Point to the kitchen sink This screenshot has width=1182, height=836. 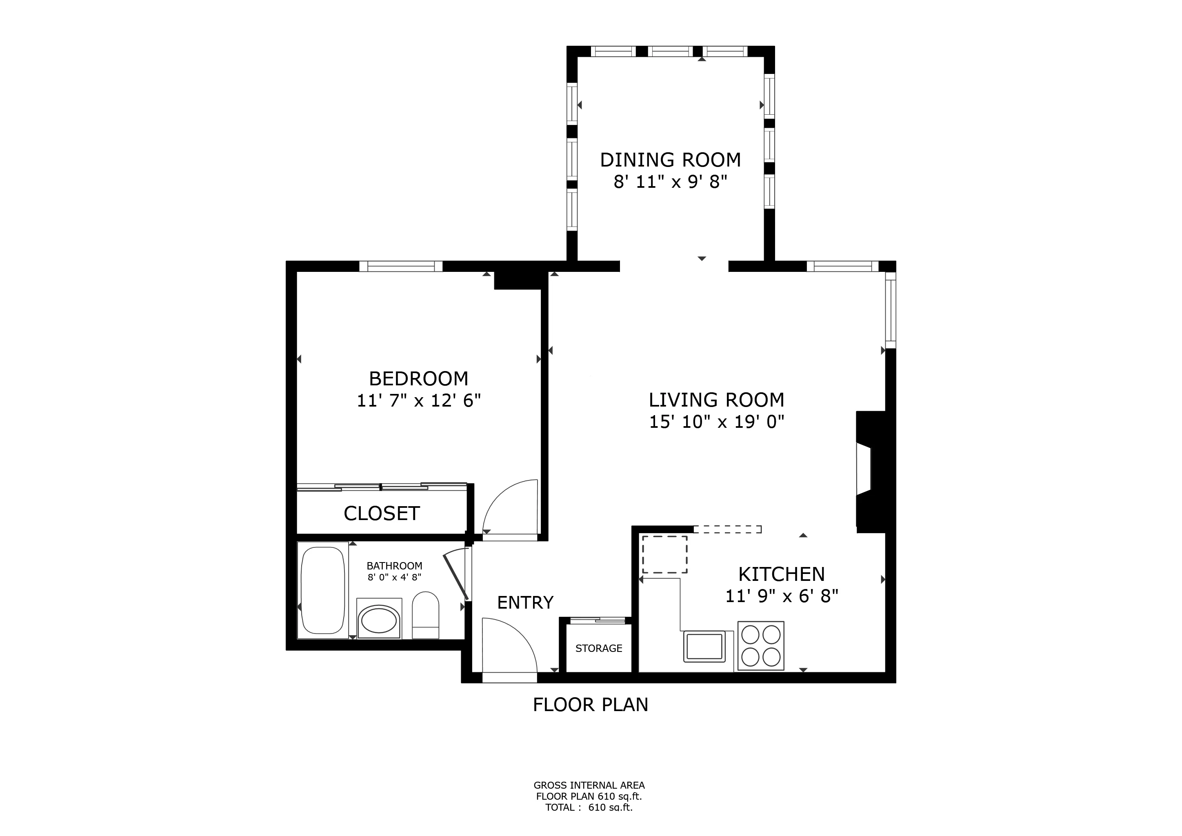coord(704,646)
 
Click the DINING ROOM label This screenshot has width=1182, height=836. coord(670,160)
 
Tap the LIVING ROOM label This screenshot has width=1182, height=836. coord(716,400)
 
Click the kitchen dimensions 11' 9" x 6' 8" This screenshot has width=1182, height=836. coord(782,596)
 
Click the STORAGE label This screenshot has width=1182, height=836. coord(599,648)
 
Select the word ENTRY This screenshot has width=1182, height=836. coord(525,602)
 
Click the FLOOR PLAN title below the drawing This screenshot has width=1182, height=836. coord(591,705)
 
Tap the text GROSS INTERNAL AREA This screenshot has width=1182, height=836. coord(589,785)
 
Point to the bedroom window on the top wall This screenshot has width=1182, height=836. coord(400,266)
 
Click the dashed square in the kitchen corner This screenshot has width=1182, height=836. coord(664,554)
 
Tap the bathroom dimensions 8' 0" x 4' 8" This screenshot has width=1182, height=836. coord(394,578)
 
